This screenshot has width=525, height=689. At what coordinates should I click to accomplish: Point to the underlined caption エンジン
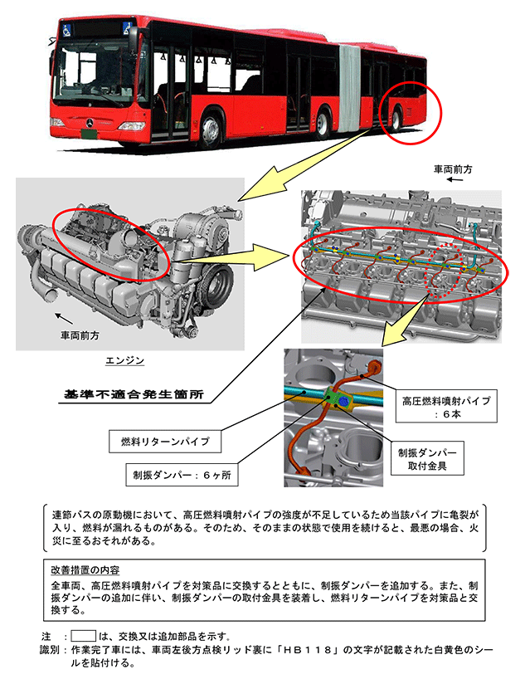(x=126, y=361)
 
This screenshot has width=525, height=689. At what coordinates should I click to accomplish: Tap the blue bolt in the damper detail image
(x=343, y=402)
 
